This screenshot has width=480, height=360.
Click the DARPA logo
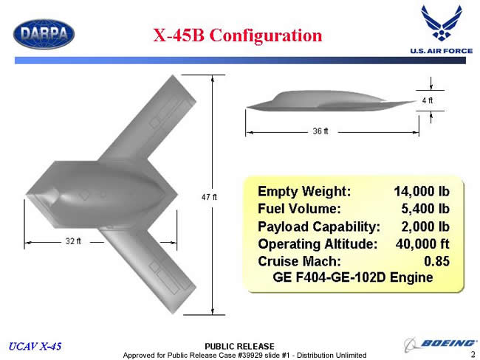point(44,34)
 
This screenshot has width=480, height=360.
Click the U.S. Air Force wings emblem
point(442,23)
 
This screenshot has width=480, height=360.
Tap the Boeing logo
point(440,345)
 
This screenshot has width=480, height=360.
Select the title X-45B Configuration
point(238,35)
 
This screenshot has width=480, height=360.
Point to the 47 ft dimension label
point(209,197)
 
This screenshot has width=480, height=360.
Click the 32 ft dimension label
point(73,241)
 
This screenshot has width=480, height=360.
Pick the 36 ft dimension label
point(320,131)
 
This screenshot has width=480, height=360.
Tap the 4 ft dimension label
point(428,100)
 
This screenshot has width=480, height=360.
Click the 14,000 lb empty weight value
point(422,192)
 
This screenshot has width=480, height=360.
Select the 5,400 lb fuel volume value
point(425,209)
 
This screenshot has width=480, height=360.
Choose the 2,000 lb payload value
point(425,226)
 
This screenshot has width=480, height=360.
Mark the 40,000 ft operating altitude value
point(422,244)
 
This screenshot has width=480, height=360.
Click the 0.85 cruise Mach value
point(436,261)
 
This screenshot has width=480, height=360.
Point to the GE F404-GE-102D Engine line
point(353,277)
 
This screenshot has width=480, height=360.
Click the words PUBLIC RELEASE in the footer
point(239,346)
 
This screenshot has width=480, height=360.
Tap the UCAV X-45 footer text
point(35,346)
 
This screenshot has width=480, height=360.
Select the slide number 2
point(473,355)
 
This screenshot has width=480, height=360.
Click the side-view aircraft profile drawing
point(332,101)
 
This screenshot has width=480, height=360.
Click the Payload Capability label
point(319,227)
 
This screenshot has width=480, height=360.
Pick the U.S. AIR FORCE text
point(442,51)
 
